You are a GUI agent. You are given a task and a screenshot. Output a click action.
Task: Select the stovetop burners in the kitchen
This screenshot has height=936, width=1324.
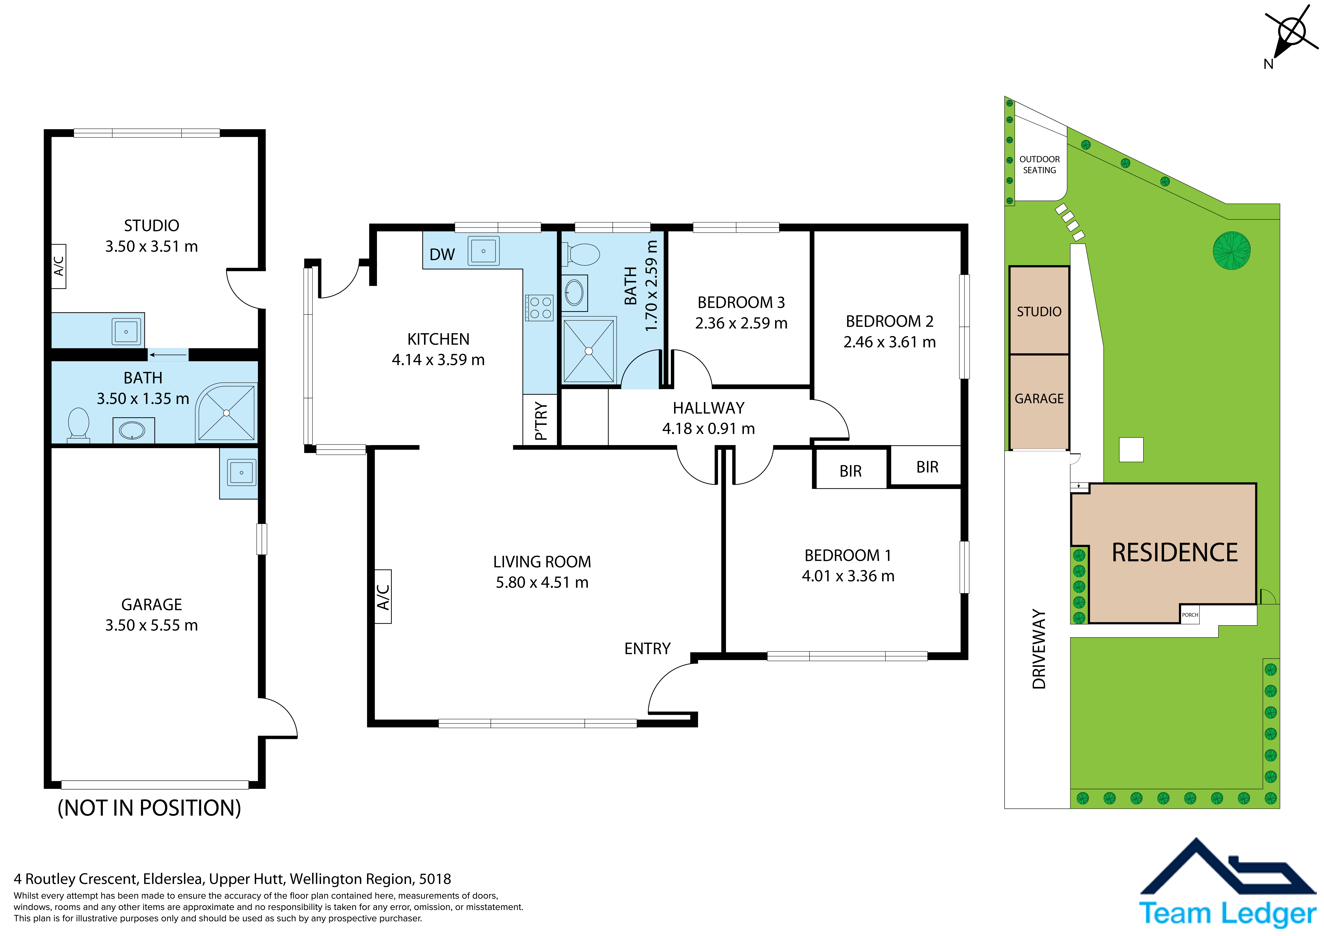click(539, 307)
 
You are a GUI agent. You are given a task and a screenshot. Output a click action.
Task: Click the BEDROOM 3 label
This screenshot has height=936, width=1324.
click(741, 302)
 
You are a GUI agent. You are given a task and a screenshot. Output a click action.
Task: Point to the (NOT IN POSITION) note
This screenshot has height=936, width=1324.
click(149, 808)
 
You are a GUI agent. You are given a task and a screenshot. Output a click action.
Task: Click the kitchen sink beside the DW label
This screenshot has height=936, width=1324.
click(483, 251)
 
